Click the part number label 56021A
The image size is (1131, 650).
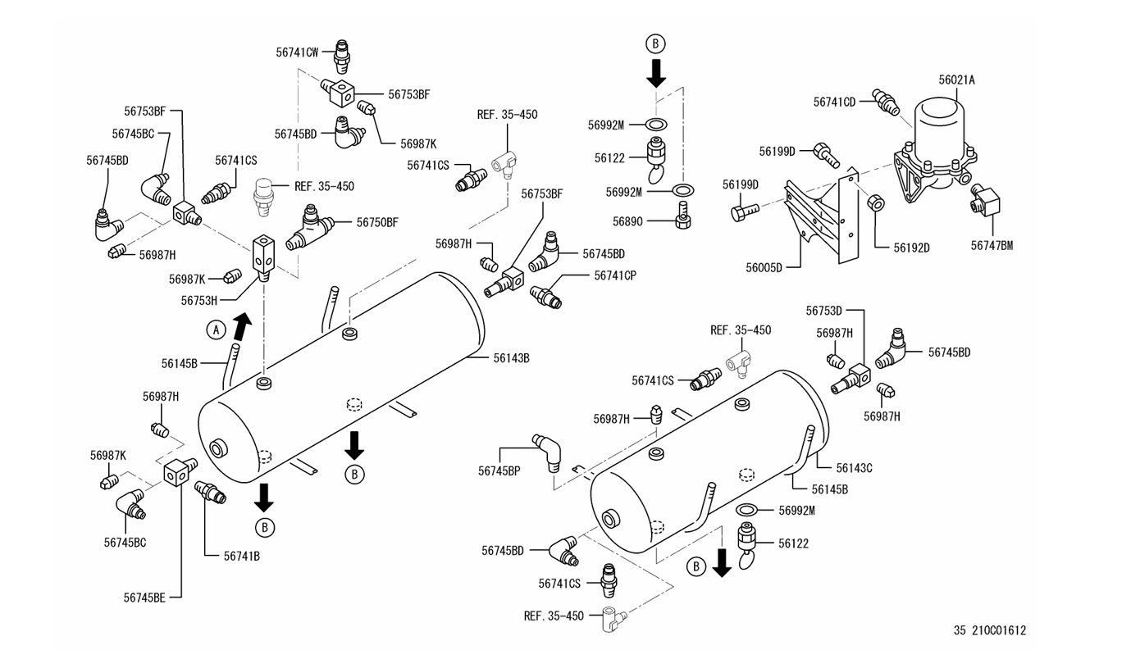click(956, 80)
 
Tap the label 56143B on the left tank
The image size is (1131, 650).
click(511, 357)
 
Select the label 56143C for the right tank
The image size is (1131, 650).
click(854, 468)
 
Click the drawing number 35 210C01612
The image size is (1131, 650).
click(990, 630)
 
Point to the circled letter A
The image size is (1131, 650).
click(215, 330)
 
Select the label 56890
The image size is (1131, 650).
click(630, 220)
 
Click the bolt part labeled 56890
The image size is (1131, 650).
click(680, 219)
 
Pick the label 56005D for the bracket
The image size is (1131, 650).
click(764, 267)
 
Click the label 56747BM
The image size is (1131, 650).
click(992, 245)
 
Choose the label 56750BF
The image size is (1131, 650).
click(376, 222)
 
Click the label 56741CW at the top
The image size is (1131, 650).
click(297, 52)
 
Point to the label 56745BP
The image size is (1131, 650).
click(499, 470)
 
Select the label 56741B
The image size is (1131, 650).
click(241, 555)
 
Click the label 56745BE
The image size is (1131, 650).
click(144, 598)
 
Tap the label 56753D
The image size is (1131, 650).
click(823, 311)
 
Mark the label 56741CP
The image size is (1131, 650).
click(615, 275)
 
